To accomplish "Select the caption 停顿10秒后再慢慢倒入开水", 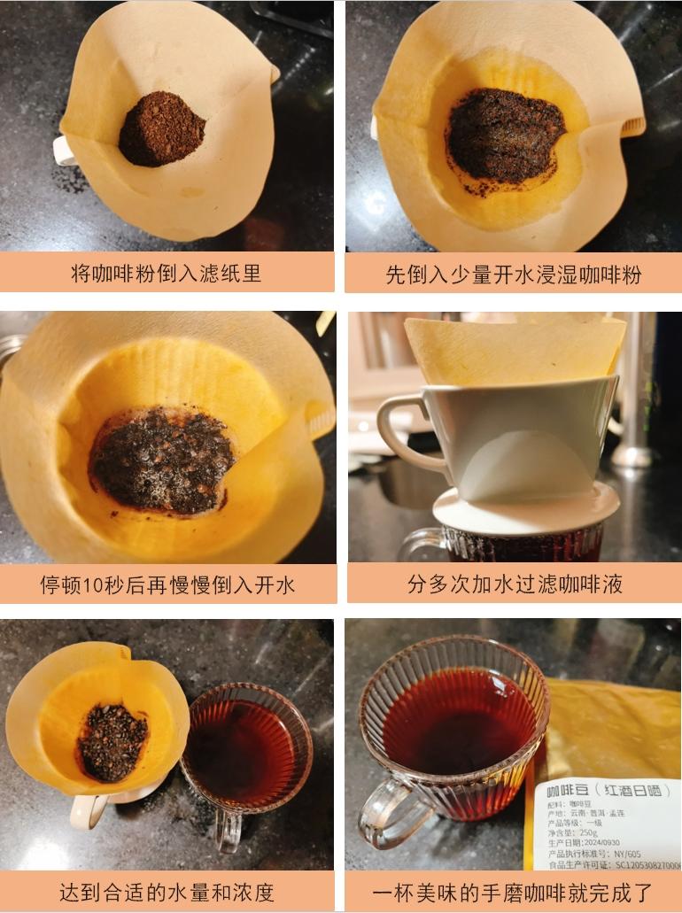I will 167,584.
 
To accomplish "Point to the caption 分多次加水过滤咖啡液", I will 515,584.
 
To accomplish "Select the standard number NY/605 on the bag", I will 627,854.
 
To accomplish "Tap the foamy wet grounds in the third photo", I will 162,460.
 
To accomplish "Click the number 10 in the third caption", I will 93,584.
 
